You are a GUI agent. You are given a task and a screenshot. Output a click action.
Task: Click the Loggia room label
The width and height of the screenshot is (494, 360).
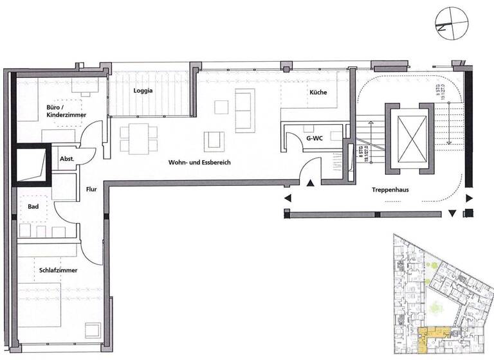click(143, 91)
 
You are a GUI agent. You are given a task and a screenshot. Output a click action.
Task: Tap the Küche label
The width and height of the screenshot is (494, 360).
click(318, 93)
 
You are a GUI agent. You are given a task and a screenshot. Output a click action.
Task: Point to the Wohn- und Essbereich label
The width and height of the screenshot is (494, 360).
click(199, 163)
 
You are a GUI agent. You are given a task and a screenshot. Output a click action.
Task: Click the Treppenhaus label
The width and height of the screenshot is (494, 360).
click(392, 190)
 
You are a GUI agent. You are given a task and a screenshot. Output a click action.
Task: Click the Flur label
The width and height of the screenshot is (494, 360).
click(91, 190)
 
